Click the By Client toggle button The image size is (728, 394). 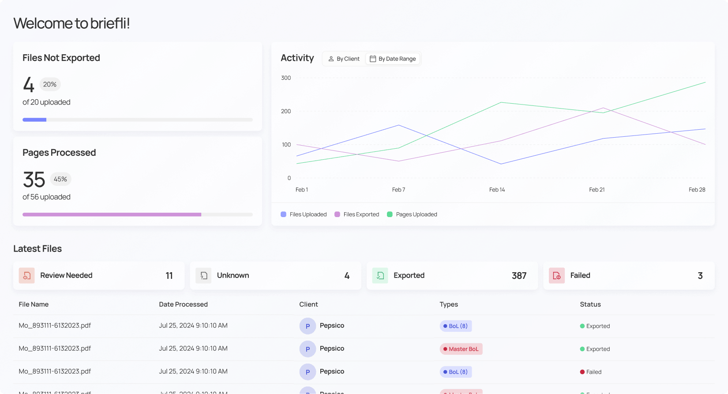click(344, 59)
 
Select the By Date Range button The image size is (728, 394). click(393, 59)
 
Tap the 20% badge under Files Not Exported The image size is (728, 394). click(50, 84)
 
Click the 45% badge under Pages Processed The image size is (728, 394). click(60, 179)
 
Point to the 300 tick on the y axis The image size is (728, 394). click(286, 78)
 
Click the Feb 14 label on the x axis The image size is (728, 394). click(497, 190)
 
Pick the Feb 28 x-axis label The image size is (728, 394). click(697, 190)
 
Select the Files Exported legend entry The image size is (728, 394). click(357, 214)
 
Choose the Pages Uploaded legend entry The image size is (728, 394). click(412, 214)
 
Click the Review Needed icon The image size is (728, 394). click(27, 275)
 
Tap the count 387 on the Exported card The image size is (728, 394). click(519, 276)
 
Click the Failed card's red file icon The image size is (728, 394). click(557, 275)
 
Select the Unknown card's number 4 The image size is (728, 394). click(347, 276)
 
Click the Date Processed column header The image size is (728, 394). click(183, 304)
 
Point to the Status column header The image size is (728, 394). click(590, 304)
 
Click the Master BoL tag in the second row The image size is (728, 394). click(461, 349)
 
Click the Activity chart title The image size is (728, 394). click(297, 58)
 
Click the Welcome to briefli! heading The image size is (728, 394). click(71, 23)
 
